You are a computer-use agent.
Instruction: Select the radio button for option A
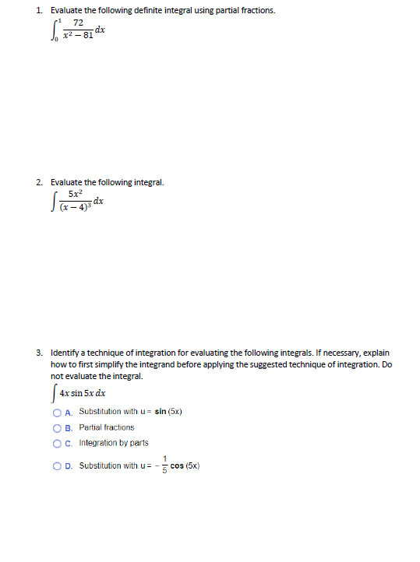[x=58, y=412]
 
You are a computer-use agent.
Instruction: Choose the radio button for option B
[x=58, y=427]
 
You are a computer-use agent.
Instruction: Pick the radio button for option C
[x=58, y=444]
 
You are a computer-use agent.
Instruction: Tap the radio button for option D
[x=58, y=466]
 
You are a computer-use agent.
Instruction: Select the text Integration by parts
[x=114, y=444]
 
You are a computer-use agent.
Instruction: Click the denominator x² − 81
[x=78, y=36]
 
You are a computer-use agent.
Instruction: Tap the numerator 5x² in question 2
[x=76, y=194]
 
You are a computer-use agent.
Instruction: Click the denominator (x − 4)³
[x=76, y=206]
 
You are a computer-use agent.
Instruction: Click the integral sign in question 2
[x=54, y=202]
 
